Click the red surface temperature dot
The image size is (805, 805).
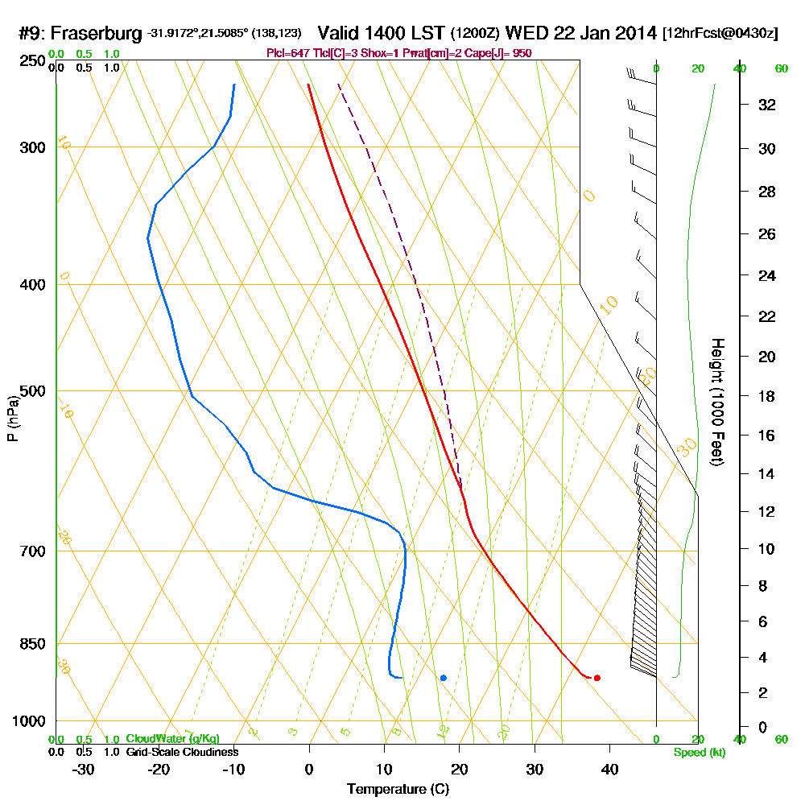(x=597, y=678)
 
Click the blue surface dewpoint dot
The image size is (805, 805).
(x=444, y=678)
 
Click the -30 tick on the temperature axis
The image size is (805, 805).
(x=84, y=770)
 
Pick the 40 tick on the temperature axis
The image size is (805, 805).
(x=609, y=770)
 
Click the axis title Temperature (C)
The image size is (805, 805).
(x=398, y=790)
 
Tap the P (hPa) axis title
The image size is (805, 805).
(x=12, y=418)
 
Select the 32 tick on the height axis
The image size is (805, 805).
(x=767, y=105)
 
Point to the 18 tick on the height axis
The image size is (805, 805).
(x=767, y=396)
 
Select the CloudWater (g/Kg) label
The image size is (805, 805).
(x=172, y=738)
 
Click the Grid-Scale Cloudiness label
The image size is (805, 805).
(x=181, y=752)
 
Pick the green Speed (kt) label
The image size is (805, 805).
(x=699, y=752)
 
